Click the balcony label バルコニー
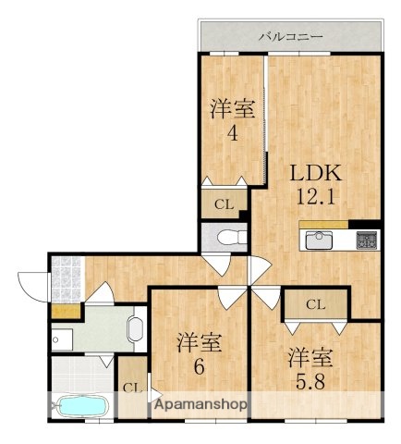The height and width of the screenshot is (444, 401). tap(290, 37)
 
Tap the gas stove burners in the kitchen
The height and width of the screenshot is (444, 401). tap(366, 240)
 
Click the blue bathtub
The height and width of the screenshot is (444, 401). tap(83, 406)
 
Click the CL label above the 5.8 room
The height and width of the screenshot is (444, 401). tap(315, 304)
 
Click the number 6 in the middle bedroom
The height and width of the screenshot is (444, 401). tap(199, 367)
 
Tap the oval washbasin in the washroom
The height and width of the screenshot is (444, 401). tap(136, 328)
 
